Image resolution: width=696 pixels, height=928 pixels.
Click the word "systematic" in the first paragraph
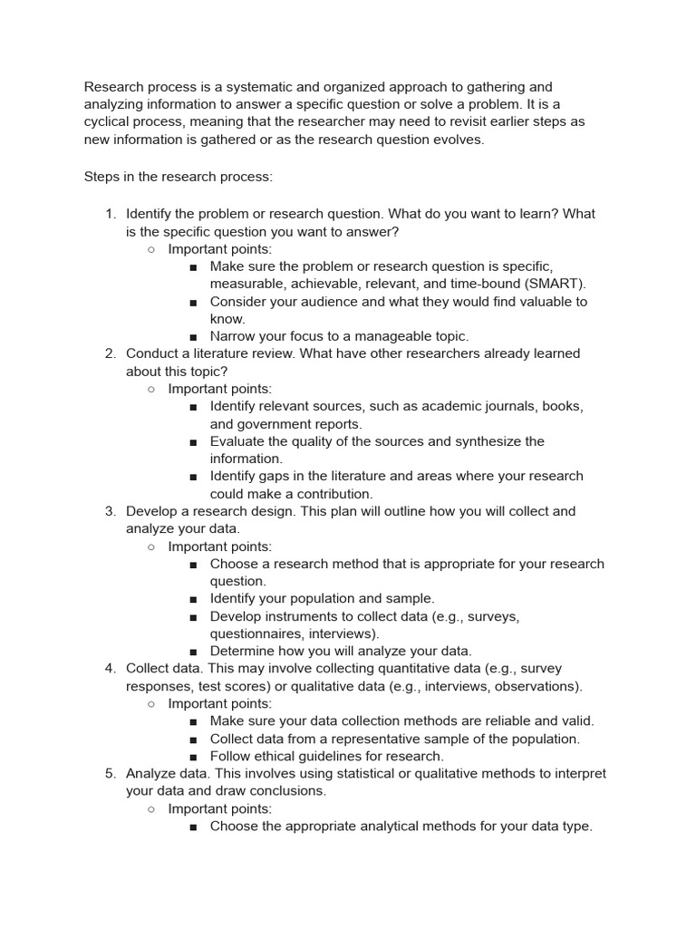pyautogui.click(x=240, y=87)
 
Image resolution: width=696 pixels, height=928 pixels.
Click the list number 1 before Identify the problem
pyautogui.click(x=110, y=214)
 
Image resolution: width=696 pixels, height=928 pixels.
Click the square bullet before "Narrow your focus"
pyautogui.click(x=194, y=336)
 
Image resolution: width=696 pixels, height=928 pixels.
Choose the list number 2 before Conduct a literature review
pyautogui.click(x=110, y=353)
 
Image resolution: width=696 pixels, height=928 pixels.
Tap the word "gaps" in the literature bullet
pyautogui.click(x=281, y=476)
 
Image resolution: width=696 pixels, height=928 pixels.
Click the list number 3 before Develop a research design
pyautogui.click(x=110, y=511)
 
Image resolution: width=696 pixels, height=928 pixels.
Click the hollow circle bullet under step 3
pyautogui.click(x=151, y=546)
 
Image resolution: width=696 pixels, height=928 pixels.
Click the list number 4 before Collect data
pyautogui.click(x=110, y=669)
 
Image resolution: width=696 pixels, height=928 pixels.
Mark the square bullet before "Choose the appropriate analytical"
pyautogui.click(x=194, y=826)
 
